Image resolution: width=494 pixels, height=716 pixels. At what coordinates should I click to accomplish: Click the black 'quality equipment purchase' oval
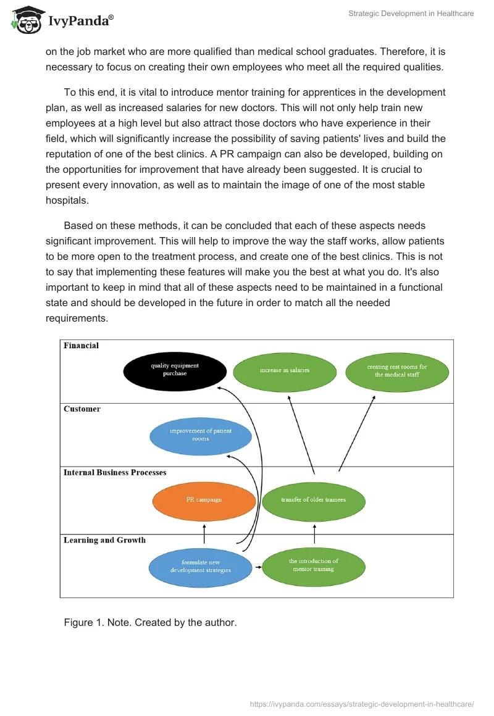click(x=174, y=370)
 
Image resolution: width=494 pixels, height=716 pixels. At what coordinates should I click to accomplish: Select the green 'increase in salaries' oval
click(x=285, y=370)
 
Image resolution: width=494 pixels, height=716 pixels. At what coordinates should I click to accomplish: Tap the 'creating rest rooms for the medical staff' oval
click(x=397, y=371)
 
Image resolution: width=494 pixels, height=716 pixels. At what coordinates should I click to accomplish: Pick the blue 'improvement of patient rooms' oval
click(x=201, y=435)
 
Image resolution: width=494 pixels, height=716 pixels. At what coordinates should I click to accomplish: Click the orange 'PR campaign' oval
click(x=204, y=500)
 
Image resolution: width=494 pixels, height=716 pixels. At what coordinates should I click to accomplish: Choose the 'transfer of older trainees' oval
click(x=314, y=500)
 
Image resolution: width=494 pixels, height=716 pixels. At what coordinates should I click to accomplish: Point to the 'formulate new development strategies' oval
click(x=201, y=567)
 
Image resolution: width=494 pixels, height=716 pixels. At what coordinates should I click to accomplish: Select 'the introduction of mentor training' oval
click(x=314, y=565)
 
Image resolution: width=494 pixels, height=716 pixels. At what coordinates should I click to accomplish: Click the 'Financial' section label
click(x=82, y=346)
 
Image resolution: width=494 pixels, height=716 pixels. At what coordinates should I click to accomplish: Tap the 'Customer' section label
click(x=82, y=409)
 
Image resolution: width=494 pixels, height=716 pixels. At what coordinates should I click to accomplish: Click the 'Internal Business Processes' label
click(x=115, y=473)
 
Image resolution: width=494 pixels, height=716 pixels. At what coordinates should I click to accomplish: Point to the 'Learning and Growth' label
click(x=105, y=540)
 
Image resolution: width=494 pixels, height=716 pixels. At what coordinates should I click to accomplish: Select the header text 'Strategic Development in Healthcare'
click(x=411, y=14)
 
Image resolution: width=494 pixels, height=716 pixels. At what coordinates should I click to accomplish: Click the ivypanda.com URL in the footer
click(x=362, y=704)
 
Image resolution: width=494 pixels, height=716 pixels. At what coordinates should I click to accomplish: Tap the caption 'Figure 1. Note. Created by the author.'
click(x=150, y=623)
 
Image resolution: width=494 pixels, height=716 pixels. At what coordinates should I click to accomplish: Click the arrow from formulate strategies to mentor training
click(x=257, y=566)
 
